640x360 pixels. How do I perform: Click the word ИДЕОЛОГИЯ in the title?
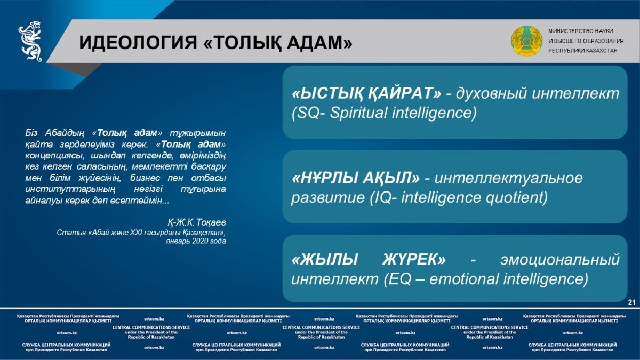(138, 43)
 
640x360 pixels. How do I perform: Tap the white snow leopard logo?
(30, 41)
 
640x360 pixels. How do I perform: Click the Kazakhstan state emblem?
(526, 41)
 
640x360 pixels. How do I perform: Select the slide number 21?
(631, 302)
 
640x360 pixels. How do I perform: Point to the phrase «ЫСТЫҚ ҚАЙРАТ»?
(366, 93)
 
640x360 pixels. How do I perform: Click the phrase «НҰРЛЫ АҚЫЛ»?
(356, 178)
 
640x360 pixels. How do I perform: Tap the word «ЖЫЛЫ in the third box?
(325, 259)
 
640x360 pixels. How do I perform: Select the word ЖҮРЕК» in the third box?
(414, 259)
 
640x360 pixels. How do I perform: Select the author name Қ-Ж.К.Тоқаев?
(197, 222)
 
